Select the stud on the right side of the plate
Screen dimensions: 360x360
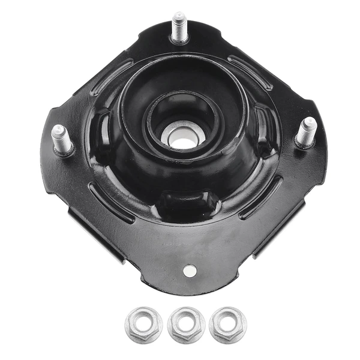tap(306, 131)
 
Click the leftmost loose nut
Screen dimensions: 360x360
tap(143, 325)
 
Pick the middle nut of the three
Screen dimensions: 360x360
tap(186, 325)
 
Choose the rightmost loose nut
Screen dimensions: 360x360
tap(228, 323)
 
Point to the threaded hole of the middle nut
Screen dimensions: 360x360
tap(186, 325)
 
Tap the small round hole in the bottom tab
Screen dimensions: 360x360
tap(190, 271)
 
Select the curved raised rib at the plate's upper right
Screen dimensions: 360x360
tap(250, 71)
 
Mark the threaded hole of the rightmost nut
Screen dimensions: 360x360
tap(228, 323)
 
